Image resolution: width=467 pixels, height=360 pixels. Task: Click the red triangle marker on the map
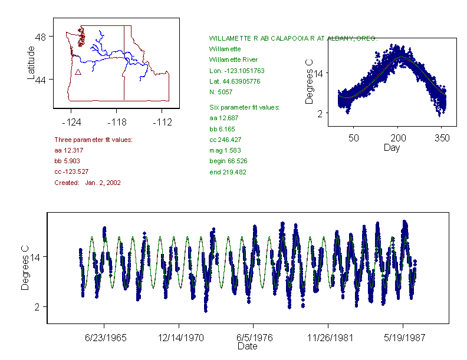[78, 72]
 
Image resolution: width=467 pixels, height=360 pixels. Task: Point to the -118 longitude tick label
[116, 122]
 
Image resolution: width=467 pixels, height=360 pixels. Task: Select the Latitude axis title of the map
[31, 63]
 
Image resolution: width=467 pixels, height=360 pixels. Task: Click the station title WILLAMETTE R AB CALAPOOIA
[292, 38]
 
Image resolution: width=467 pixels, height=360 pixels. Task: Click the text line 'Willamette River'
[233, 60]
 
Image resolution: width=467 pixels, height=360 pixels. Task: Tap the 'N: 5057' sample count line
[221, 92]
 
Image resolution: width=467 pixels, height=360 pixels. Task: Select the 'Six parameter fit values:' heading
[244, 107]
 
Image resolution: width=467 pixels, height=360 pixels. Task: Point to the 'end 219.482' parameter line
[228, 172]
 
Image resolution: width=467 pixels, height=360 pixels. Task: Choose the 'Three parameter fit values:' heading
[93, 140]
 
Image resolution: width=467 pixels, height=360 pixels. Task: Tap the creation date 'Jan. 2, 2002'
[103, 183]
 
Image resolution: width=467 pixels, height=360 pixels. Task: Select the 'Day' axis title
[391, 147]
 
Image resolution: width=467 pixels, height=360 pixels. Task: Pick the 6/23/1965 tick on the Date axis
[104, 339]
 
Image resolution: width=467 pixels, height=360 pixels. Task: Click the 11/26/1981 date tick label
[328, 339]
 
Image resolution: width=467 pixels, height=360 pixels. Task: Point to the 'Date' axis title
[247, 346]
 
